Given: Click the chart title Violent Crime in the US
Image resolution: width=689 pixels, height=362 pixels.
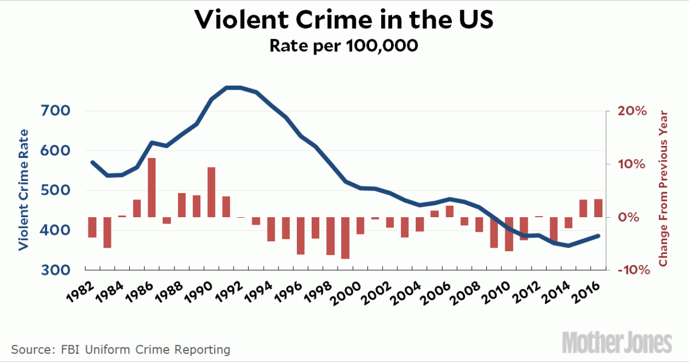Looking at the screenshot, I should pos(343,20).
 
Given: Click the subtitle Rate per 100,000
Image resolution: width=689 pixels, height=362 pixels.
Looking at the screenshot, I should pos(343,45).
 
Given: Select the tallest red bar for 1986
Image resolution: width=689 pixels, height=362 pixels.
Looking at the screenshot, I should pos(152,187).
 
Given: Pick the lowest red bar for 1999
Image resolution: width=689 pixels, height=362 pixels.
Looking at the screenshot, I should pos(345,238).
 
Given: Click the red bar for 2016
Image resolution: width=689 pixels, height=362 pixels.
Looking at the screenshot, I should pos(598,208).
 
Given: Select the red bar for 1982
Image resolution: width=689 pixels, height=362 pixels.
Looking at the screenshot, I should pos(92,227).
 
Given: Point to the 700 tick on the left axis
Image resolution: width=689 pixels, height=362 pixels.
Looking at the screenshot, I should pos(57,111).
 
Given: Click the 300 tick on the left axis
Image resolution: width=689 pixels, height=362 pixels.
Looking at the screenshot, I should pos(57,270).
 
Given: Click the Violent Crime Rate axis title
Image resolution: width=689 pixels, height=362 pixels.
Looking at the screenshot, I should pos(24,190).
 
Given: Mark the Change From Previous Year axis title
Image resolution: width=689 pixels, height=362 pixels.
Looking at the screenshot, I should pos(664,188).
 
